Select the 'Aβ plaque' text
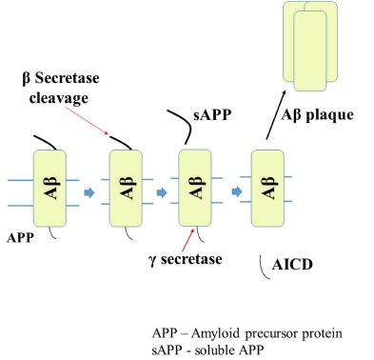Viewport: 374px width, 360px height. (317, 114)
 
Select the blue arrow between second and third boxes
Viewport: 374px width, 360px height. (161, 191)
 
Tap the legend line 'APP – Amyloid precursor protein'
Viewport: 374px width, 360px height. (247, 332)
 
